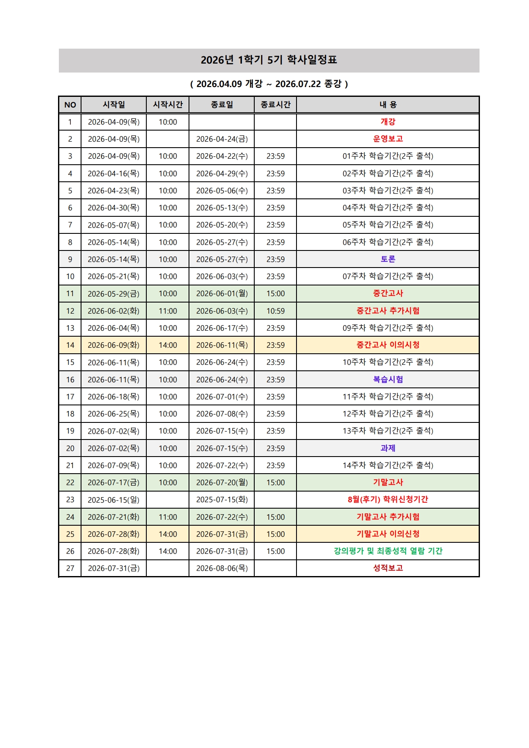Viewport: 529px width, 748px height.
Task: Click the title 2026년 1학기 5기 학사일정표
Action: (269, 60)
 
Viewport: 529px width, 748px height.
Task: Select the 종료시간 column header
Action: (275, 105)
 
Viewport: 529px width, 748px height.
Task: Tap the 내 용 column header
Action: (388, 105)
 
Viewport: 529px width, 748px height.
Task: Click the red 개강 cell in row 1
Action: (388, 122)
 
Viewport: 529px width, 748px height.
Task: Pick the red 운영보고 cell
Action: (388, 139)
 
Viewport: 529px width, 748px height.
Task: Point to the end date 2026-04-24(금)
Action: (222, 139)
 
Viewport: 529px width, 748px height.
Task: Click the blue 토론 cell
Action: (388, 259)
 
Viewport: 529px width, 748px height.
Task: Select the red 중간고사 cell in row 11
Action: (388, 293)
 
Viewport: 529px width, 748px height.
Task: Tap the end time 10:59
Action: (275, 311)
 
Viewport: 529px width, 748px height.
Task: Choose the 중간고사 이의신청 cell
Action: (388, 345)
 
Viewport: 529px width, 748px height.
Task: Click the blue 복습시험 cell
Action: (388, 379)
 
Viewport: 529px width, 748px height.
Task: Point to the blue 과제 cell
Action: (388, 448)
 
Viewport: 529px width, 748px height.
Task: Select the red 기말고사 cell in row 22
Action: (388, 482)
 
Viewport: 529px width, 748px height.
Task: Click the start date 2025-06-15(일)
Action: (113, 500)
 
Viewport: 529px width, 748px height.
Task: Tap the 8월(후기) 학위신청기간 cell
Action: (388, 499)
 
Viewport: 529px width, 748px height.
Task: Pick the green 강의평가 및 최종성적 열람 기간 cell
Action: (388, 551)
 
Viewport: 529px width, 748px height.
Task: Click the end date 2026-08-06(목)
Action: (222, 568)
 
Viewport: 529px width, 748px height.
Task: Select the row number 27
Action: (70, 568)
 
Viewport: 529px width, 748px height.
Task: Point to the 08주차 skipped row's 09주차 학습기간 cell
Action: (388, 328)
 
